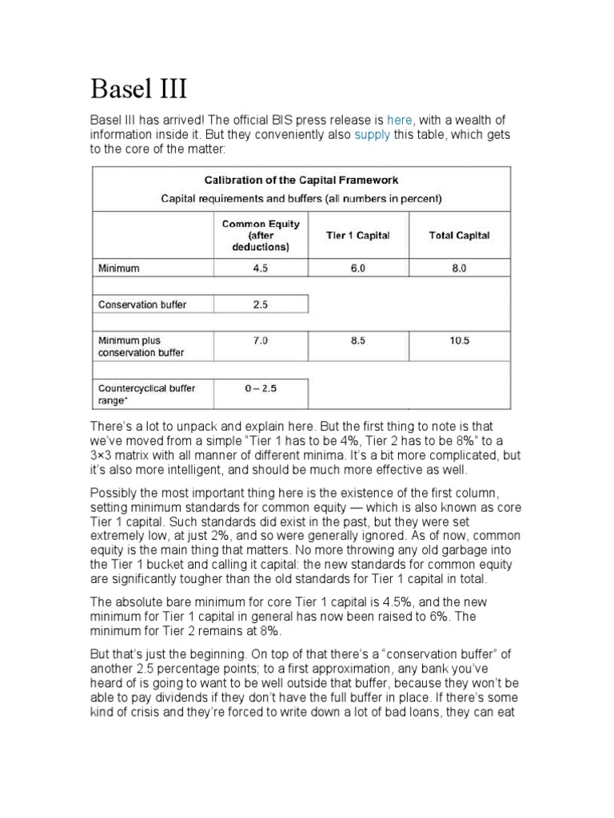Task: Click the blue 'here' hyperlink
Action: click(399, 119)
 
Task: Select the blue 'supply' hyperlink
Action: click(373, 134)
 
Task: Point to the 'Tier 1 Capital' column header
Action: click(357, 236)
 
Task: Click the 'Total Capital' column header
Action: click(459, 236)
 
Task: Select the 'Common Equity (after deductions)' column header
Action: click(261, 236)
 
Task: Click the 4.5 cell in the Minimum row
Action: click(261, 269)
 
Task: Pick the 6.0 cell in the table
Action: click(357, 269)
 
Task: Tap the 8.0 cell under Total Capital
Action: click(459, 269)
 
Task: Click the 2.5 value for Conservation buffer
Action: click(261, 304)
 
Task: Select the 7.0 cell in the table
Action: click(261, 340)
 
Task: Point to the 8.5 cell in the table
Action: click(357, 340)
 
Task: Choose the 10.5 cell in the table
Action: click(459, 340)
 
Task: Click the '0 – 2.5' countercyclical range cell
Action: click(261, 388)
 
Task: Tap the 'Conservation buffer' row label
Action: click(142, 304)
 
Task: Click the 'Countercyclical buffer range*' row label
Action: click(146, 394)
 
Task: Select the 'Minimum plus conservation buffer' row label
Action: click(141, 346)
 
